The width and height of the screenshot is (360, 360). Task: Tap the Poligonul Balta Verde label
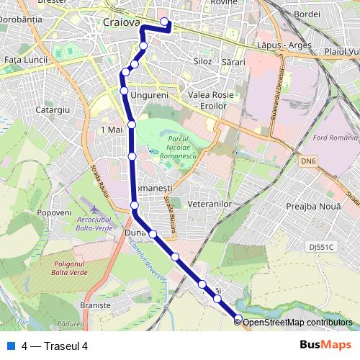point(73,268)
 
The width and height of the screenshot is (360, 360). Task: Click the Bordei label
point(307,14)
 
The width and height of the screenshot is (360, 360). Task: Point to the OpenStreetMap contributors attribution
point(297,322)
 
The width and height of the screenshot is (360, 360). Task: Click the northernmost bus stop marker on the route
point(165,22)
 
